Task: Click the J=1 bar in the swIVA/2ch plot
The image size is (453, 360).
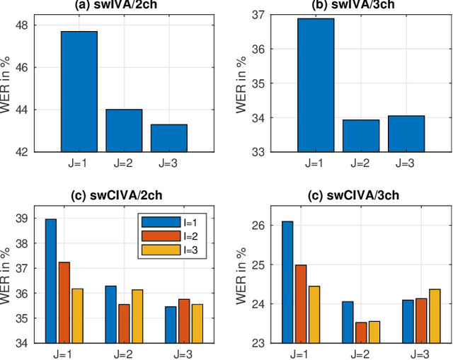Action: click(79, 91)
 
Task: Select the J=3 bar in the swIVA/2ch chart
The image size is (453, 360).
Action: click(168, 138)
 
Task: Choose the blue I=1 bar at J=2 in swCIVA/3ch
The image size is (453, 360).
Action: click(347, 322)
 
